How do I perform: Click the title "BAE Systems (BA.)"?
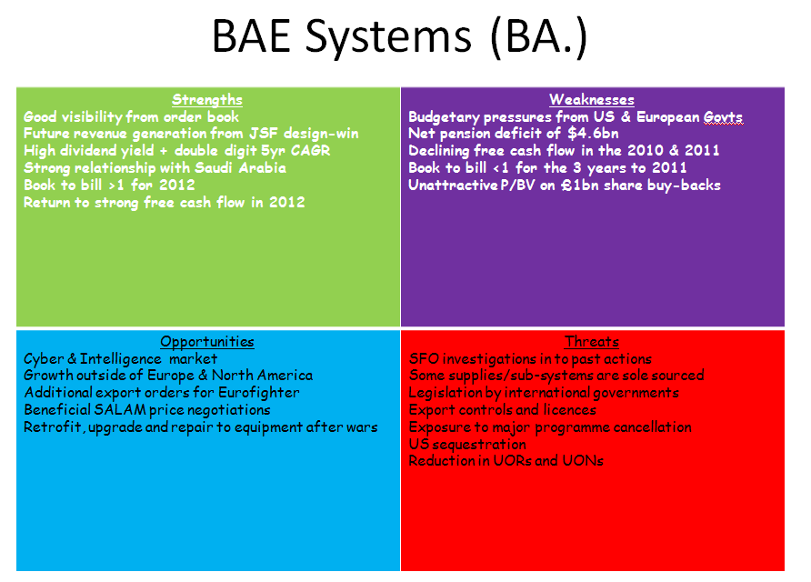(x=399, y=37)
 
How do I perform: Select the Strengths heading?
(x=207, y=99)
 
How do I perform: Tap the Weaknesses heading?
(x=591, y=99)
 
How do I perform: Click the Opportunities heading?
(x=207, y=342)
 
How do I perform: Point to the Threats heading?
(x=592, y=342)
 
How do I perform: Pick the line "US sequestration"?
(x=467, y=445)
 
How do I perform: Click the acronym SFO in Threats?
(x=424, y=359)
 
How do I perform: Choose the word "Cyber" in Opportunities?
(x=44, y=359)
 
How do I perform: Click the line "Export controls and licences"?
(x=502, y=410)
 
